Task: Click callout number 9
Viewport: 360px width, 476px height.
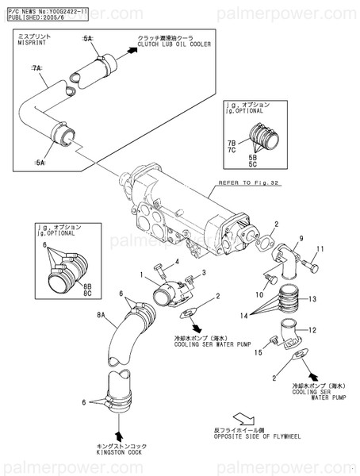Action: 301,238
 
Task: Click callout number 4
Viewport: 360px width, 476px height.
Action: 177,261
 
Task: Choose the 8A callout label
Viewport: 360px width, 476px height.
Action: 101,316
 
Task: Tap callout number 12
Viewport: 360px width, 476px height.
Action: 312,330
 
